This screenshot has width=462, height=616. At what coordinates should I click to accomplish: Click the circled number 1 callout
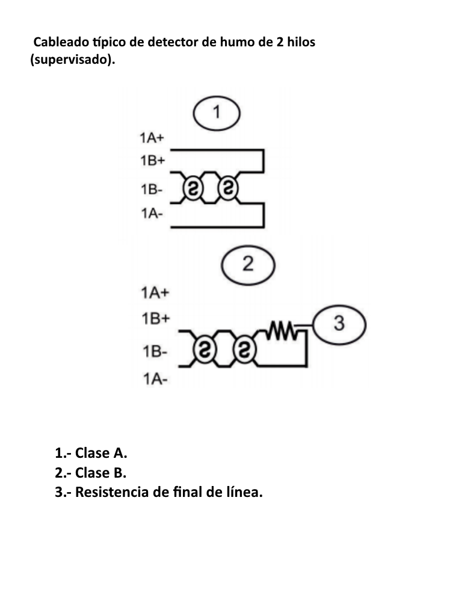(x=217, y=112)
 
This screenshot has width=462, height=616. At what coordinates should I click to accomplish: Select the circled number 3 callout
(x=339, y=324)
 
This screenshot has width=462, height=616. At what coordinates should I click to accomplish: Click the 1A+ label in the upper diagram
(x=152, y=138)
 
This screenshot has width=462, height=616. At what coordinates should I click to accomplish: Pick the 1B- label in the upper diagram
(x=151, y=190)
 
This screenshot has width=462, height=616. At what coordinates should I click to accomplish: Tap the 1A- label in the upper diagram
(x=151, y=213)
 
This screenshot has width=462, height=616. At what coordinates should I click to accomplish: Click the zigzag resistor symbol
(x=282, y=330)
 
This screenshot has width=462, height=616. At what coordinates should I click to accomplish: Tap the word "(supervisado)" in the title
(x=71, y=61)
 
